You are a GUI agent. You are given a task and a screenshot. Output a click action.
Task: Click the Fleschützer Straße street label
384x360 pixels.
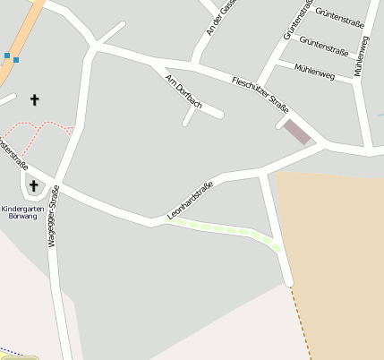click(x=260, y=94)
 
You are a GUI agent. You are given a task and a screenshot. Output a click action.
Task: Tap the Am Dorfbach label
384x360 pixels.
click(x=184, y=92)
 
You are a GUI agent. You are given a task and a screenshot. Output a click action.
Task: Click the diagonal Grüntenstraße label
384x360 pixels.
click(x=296, y=21)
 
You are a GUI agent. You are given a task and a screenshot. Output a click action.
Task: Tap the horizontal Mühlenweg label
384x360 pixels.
click(x=313, y=72)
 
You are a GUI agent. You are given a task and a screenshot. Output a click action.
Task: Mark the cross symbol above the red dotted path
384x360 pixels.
click(x=35, y=99)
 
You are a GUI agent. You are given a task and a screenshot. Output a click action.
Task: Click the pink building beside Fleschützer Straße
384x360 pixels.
click(x=296, y=132)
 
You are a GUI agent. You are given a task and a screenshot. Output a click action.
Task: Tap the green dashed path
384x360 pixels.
click(x=224, y=229)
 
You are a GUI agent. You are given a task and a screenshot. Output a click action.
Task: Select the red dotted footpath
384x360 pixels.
click(x=40, y=131)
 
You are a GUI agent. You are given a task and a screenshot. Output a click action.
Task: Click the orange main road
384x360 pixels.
click(x=22, y=36)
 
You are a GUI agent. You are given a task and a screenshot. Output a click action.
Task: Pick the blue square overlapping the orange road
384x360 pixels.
click(x=16, y=59)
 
